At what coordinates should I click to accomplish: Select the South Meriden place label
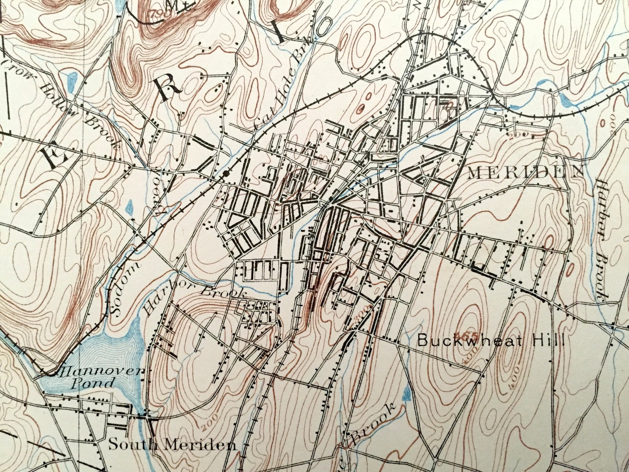(x=173, y=444)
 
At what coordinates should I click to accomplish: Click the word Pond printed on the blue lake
(x=92, y=383)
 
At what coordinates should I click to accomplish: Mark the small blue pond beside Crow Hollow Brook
(x=72, y=82)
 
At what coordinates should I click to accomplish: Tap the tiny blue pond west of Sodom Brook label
(x=129, y=207)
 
